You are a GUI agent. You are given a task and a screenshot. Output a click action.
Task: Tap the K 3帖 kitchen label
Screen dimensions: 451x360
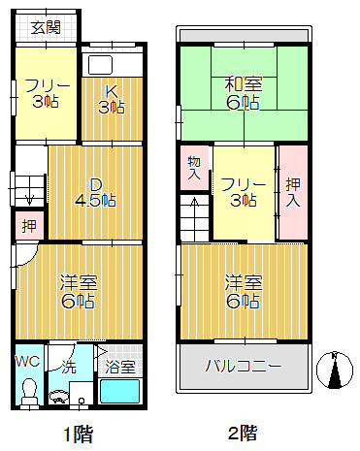[112, 100]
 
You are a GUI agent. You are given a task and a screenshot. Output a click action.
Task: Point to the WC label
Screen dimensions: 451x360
[27, 361]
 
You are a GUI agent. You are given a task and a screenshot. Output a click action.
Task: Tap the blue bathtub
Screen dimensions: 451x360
[120, 393]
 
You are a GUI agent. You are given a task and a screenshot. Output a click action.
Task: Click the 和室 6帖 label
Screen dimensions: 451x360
[243, 92]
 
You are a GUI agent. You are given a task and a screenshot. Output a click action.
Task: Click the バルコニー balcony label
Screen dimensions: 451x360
[243, 368]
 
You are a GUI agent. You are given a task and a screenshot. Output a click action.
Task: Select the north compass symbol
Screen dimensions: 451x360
[334, 369]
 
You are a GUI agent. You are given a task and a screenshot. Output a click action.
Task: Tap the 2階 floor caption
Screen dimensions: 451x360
[243, 433]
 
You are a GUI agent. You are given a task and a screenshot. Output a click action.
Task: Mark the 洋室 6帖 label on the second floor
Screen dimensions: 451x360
[243, 291]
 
